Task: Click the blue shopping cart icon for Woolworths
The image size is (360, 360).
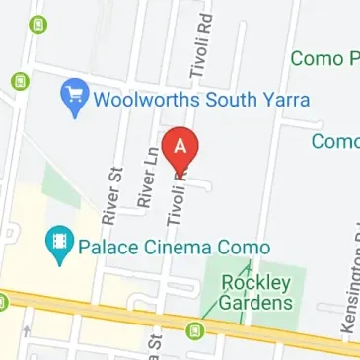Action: [73, 96]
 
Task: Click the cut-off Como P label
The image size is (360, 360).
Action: [325, 59]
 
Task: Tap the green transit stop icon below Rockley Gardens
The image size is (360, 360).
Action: [198, 328]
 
